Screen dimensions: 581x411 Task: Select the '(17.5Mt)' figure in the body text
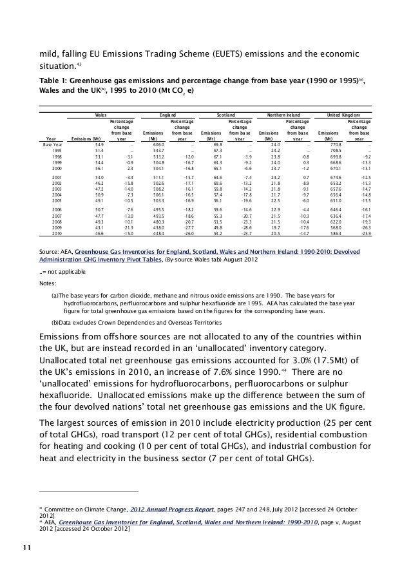coord(329,359)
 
